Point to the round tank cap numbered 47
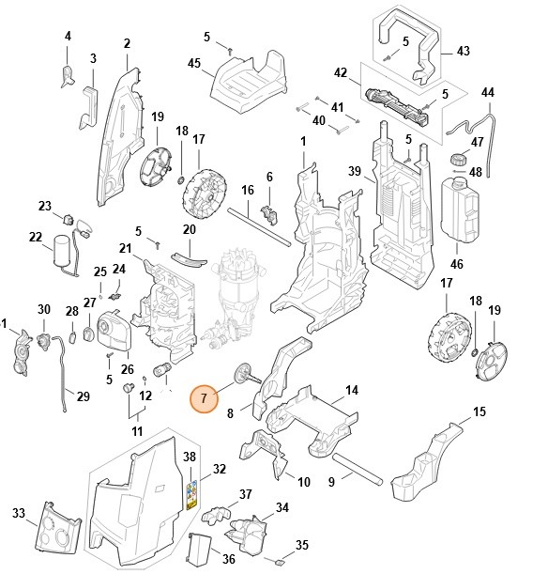coord(459,156)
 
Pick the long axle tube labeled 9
coord(357,470)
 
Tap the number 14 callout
coord(351,390)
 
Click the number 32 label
coord(220,468)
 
